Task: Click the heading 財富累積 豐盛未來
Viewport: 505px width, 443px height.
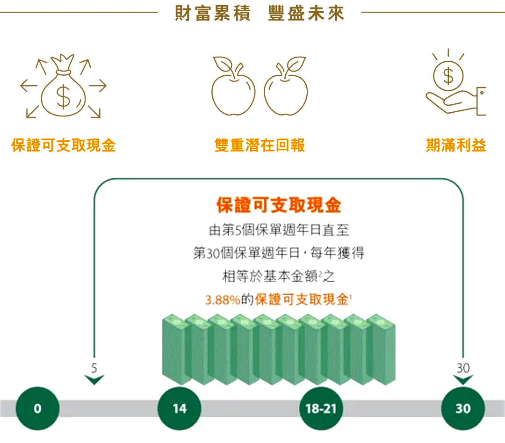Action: coord(260,13)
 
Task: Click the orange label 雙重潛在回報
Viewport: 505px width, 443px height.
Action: coord(260,145)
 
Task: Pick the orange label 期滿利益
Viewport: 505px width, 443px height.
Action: coord(456,145)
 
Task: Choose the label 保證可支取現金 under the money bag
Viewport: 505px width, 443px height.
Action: coord(63,145)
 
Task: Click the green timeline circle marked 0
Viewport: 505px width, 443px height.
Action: coord(37,408)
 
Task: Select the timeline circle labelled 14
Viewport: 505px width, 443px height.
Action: coord(180,408)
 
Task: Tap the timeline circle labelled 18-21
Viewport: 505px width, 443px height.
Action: coord(321,408)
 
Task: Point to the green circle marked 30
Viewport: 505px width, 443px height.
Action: coord(463,408)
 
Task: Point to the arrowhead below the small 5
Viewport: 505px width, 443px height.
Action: coord(94,379)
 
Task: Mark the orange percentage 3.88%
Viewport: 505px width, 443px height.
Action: coord(223,300)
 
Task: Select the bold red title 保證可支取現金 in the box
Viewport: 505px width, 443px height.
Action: coord(279,205)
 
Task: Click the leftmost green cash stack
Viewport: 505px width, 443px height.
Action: coord(174,349)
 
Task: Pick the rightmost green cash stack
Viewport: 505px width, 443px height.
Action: coord(383,349)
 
